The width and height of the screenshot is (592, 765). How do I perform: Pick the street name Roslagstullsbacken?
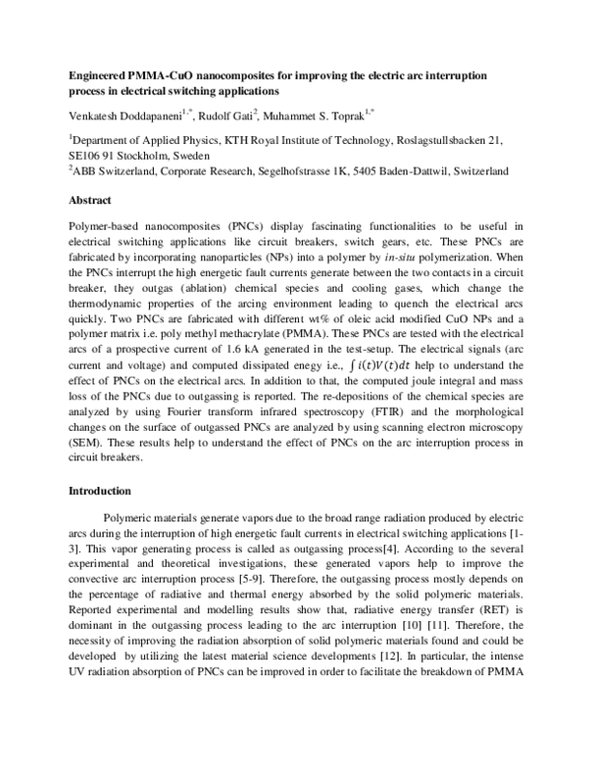pos(431,139)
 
